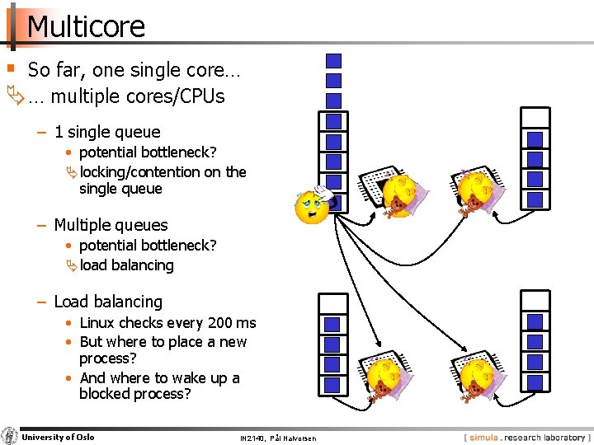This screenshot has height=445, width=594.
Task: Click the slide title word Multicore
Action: tap(86, 26)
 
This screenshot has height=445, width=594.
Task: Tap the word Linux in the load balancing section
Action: tap(100, 323)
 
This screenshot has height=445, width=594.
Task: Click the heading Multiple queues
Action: tap(111, 225)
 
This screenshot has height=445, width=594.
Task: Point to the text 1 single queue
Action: tap(107, 132)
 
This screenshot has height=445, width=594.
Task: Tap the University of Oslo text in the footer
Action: tap(58, 437)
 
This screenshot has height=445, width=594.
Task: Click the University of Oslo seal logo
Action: tap(9, 436)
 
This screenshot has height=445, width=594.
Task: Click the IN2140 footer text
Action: tap(277, 438)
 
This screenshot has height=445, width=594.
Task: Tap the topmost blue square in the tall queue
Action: tap(333, 60)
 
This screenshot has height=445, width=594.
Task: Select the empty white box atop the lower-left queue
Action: tap(332, 303)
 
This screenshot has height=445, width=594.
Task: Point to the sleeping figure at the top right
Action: tap(475, 191)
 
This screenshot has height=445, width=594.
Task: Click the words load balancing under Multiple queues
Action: tap(127, 265)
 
